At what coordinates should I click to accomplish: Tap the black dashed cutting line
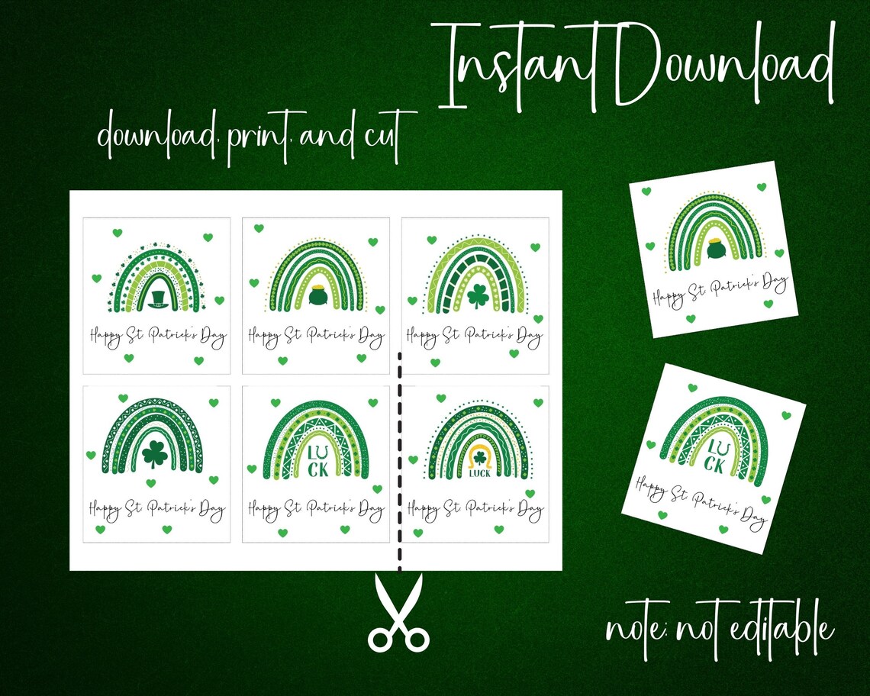(399, 458)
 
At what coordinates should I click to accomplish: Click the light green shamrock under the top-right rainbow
(478, 296)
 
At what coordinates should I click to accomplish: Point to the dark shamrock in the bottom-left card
(155, 454)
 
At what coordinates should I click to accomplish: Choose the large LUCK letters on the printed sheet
(317, 459)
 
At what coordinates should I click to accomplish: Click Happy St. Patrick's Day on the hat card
(158, 336)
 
